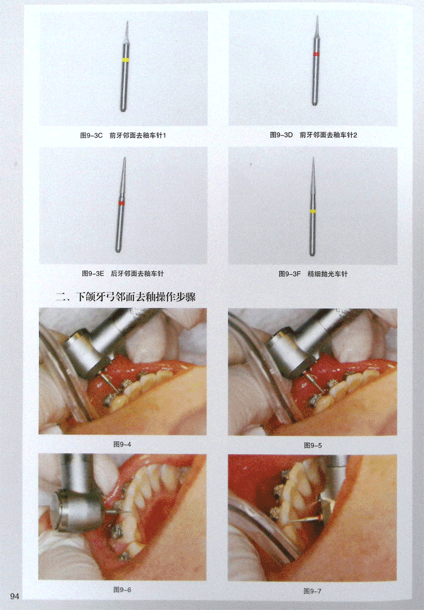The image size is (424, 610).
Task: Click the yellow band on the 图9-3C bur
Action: (125, 60)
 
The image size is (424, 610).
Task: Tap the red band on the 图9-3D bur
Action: (316, 54)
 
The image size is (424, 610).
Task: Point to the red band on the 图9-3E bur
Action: (121, 203)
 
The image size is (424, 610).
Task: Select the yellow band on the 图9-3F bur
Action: (313, 212)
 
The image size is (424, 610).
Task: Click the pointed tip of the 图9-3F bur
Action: (313, 158)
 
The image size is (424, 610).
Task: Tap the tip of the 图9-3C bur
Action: (127, 22)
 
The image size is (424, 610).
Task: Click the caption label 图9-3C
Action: (91, 135)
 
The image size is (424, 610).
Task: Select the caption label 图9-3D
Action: (281, 135)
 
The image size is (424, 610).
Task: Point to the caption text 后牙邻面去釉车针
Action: (137, 273)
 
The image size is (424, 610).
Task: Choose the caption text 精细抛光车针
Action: (328, 274)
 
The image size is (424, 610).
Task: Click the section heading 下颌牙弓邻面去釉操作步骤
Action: (136, 296)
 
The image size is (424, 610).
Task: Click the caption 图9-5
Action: (313, 445)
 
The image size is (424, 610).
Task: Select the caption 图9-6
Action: (122, 589)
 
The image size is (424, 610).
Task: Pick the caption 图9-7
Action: (312, 591)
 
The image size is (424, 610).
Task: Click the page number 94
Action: (15, 596)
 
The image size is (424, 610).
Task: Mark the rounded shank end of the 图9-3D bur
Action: (314, 103)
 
